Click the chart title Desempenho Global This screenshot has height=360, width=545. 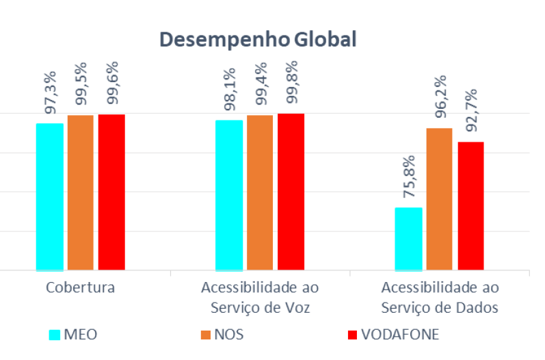(258, 39)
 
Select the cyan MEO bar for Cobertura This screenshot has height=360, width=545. (50, 196)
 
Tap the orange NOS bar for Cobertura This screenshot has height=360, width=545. (81, 192)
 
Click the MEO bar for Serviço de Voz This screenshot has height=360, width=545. (229, 195)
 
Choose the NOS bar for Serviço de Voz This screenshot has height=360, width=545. (260, 192)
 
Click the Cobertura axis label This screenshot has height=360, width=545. (80, 287)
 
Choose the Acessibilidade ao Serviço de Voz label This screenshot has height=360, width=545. (260, 296)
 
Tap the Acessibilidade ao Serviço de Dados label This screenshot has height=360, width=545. (439, 296)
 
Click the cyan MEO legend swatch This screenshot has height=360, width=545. (55, 335)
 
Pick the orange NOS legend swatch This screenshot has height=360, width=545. (205, 335)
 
